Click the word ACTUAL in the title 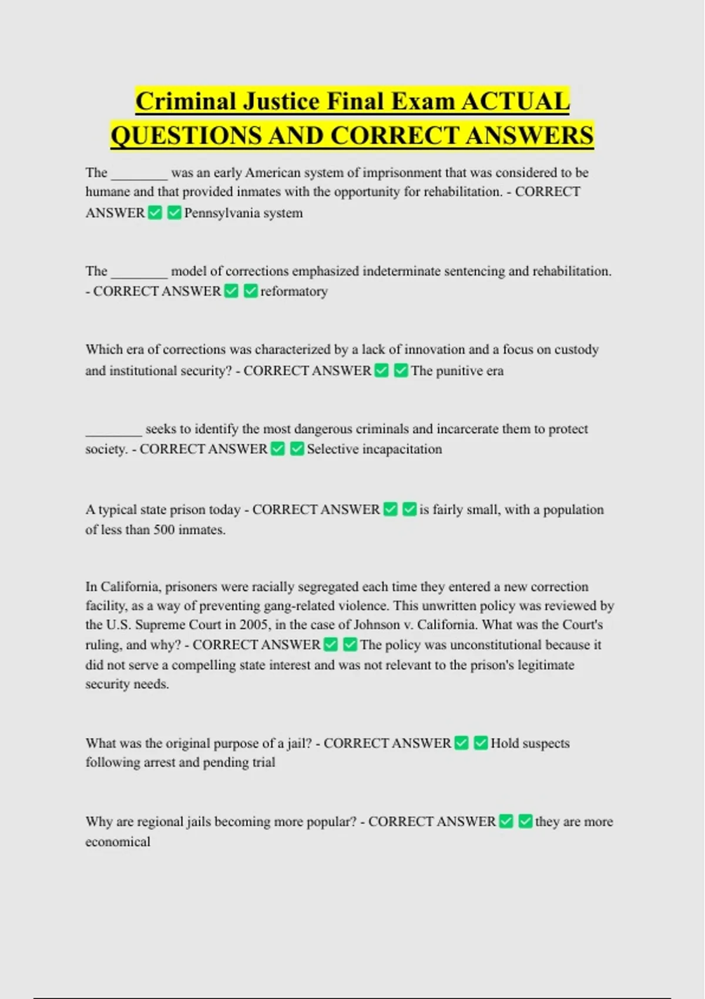pos(515,101)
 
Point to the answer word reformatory pos(294,291)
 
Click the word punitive pos(459,371)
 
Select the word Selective pos(332,449)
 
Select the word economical pos(117,842)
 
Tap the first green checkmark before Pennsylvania pos(155,213)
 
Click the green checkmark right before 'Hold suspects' pos(481,743)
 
